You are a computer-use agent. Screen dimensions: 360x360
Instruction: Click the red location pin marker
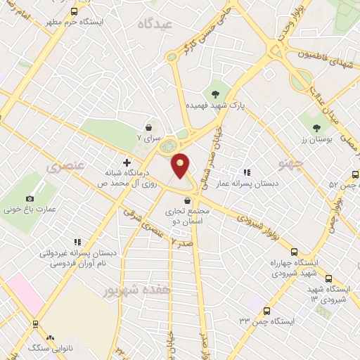(x=181, y=165)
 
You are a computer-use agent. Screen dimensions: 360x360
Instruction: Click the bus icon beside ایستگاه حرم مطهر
(x=75, y=11)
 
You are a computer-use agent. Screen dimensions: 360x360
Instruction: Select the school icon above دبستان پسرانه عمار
(x=246, y=172)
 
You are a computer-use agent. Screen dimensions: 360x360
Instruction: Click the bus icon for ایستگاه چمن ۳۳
(x=266, y=310)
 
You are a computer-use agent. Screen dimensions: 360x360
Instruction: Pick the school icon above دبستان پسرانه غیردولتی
(x=77, y=242)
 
